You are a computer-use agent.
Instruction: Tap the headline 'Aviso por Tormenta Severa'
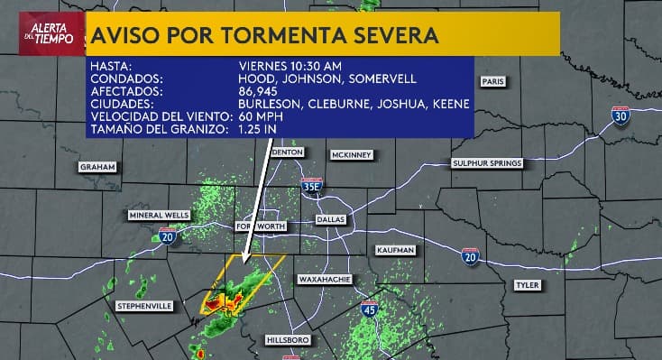point(264,35)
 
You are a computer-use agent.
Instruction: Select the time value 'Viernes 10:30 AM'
point(290,66)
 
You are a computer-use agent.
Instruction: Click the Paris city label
point(492,81)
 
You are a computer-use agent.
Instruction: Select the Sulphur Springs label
point(486,163)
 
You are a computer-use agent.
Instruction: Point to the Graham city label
point(97,167)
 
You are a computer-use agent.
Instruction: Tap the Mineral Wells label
point(159,215)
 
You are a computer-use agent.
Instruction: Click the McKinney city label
point(351,155)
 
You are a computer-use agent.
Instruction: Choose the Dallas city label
point(331,220)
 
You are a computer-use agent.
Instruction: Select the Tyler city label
point(527,285)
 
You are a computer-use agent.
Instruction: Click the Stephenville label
point(144,307)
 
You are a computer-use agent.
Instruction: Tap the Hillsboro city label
point(288,339)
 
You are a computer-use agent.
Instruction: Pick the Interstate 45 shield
point(370,310)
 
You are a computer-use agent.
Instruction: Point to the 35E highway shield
point(311,186)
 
